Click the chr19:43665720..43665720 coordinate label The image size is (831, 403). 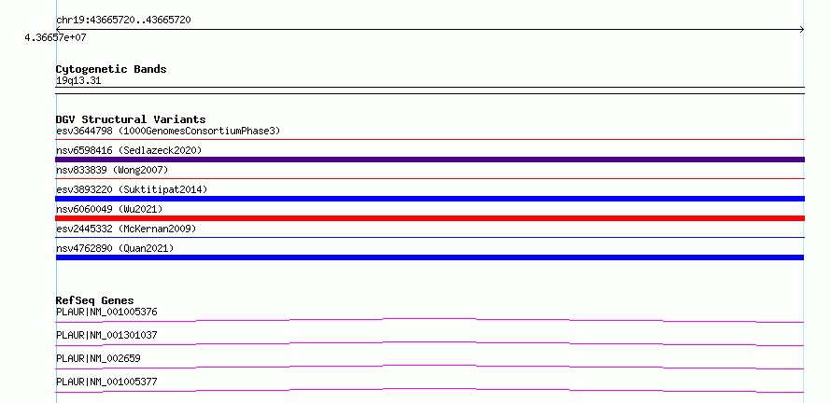click(123, 21)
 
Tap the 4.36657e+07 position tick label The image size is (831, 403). click(55, 37)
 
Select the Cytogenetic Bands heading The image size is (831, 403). click(111, 69)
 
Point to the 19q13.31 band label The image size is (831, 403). click(78, 80)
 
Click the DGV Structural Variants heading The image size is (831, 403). click(131, 119)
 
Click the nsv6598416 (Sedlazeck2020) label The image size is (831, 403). click(129, 150)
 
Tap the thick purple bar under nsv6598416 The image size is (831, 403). click(430, 160)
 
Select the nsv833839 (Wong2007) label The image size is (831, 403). click(112, 170)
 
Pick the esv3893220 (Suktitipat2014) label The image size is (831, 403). click(132, 189)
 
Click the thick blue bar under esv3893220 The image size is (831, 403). click(430, 199)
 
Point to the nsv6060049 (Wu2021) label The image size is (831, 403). click(109, 209)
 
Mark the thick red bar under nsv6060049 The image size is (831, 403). click(430, 218)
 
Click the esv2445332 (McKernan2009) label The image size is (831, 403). click(126, 229)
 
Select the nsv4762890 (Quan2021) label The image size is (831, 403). click(115, 248)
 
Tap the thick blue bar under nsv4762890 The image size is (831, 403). click(430, 257)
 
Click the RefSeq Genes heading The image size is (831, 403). click(95, 300)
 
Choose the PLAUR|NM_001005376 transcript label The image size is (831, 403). click(106, 312)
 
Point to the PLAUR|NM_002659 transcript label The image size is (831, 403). click(98, 358)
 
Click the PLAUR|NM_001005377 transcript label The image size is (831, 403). click(106, 382)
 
